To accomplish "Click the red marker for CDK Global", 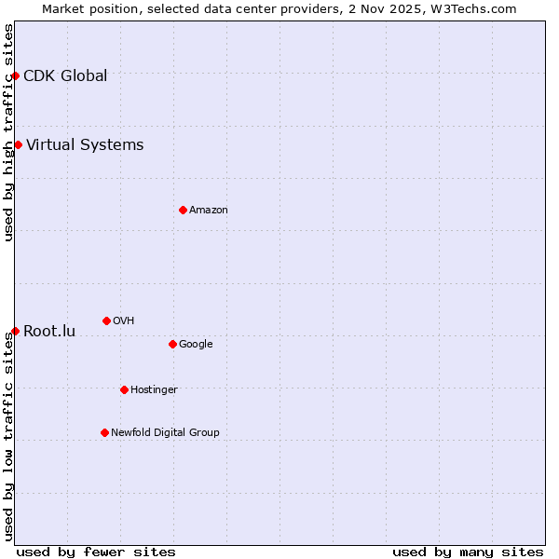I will tap(16, 75).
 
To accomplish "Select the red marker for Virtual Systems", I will tap(18, 144).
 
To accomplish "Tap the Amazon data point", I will tap(183, 210).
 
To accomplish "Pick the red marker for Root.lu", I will tap(15, 331).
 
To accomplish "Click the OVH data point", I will tap(106, 320).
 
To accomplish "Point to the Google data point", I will tap(172, 344).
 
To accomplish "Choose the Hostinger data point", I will tap(124, 389).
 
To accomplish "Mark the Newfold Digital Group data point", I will tap(104, 432).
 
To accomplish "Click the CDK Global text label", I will tap(65, 76).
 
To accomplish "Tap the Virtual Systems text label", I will tap(85, 145).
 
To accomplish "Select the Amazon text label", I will tap(209, 211).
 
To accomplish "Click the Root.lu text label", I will tap(49, 332).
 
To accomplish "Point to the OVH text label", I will tap(124, 321).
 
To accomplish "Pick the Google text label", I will tap(196, 345).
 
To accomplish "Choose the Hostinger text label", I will tap(154, 390).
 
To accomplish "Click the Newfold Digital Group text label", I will tap(165, 433).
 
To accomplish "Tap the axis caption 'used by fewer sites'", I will tap(96, 552).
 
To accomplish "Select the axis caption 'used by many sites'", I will tap(468, 552).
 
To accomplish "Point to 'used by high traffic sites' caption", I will tap(9, 132).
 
